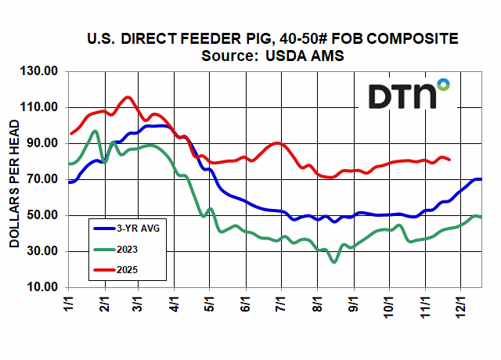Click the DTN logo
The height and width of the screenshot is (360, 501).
(409, 95)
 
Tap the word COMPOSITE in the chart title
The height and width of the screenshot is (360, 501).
(408, 38)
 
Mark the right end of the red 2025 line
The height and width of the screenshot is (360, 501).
(449, 159)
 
